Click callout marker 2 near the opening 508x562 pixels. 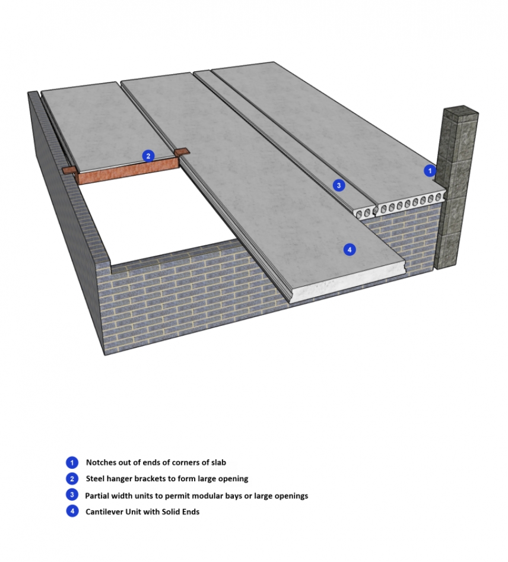148,156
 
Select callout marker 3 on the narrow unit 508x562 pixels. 338,185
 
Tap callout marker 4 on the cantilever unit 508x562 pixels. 350,250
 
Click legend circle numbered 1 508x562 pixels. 72,462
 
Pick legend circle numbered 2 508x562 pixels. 72,478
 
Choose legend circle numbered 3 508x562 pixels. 72,495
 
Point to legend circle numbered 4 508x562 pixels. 72,512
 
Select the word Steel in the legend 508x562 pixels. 95,478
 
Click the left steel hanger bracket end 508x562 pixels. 69,170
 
